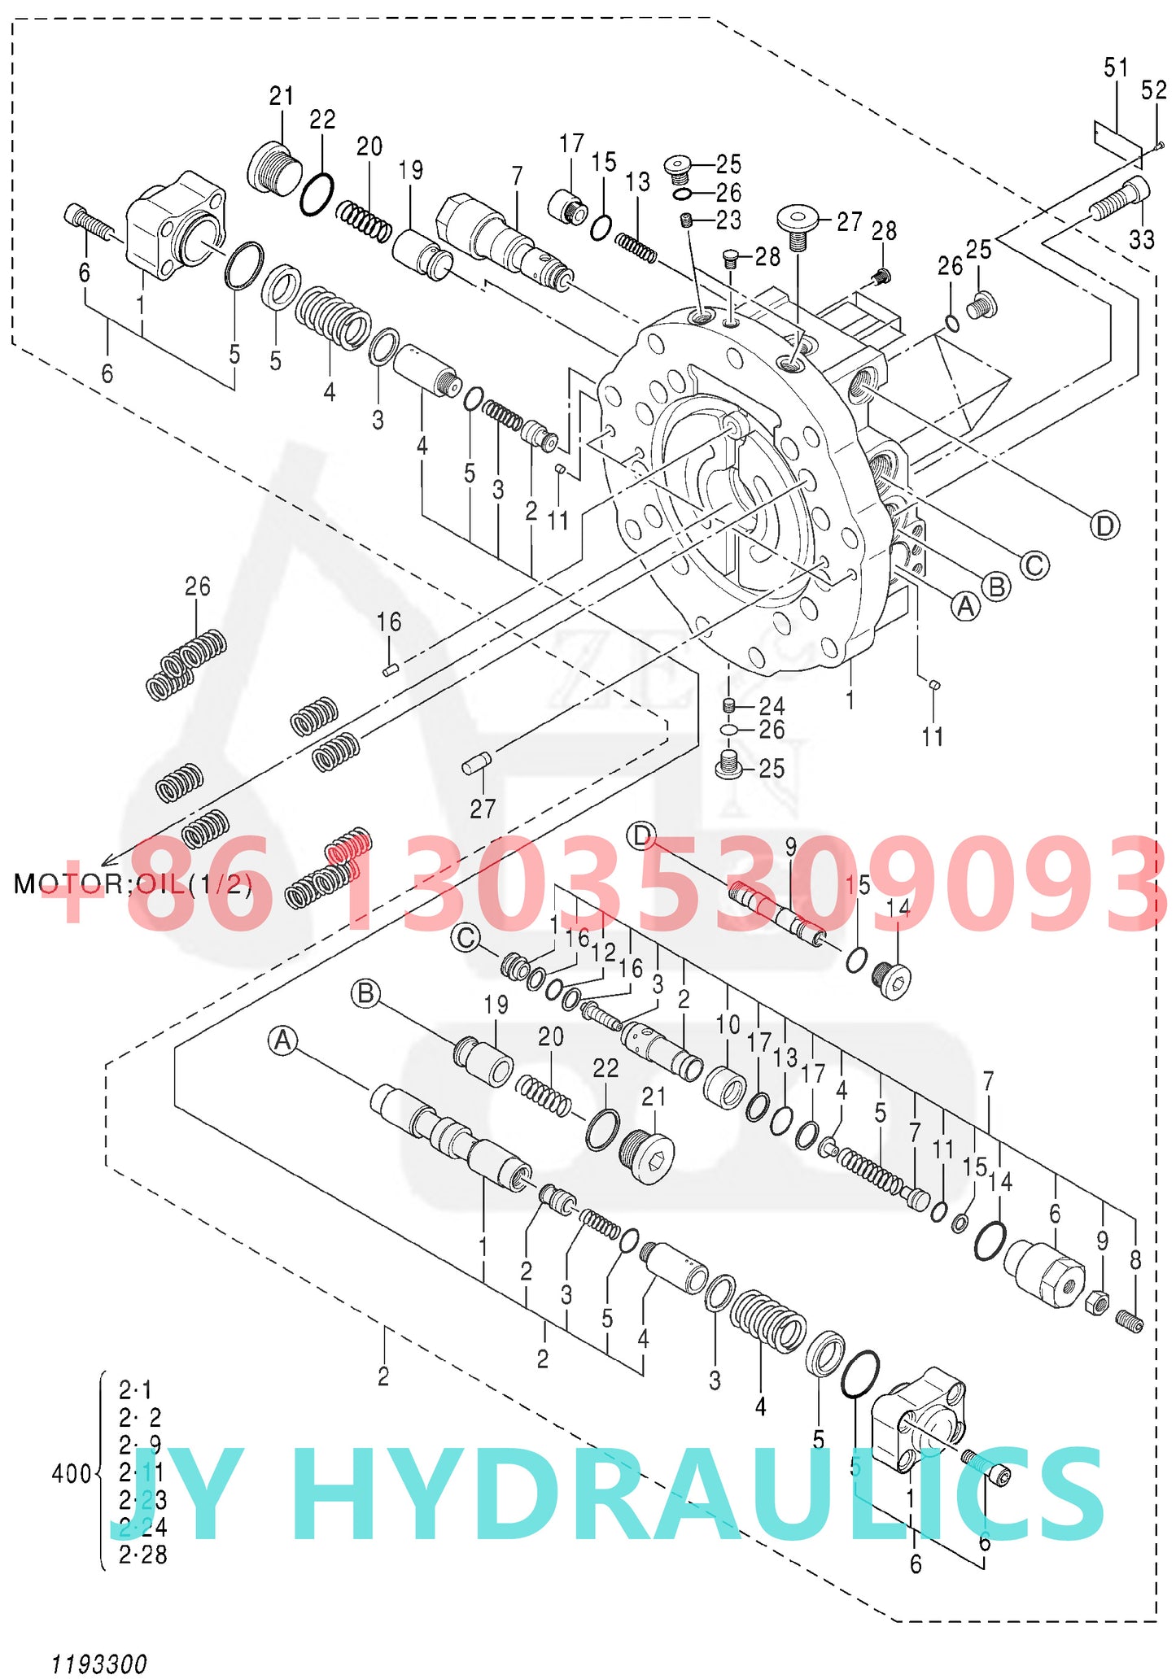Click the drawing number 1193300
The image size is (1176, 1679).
pyautogui.click(x=99, y=1663)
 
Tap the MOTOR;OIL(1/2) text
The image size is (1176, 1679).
pyautogui.click(x=133, y=883)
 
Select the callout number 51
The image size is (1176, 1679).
pyautogui.click(x=1116, y=68)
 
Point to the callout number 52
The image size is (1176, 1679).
pyautogui.click(x=1154, y=89)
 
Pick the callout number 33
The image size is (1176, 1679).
pyautogui.click(x=1142, y=239)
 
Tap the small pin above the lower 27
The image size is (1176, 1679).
pyautogui.click(x=476, y=763)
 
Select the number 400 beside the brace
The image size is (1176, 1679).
pyautogui.click(x=71, y=1473)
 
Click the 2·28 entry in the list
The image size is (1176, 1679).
pyautogui.click(x=142, y=1555)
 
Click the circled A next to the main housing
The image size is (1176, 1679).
pyautogui.click(x=966, y=607)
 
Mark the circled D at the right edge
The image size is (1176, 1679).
pyautogui.click(x=1104, y=526)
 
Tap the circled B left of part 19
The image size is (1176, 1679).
pyautogui.click(x=365, y=993)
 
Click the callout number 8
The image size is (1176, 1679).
pyautogui.click(x=1135, y=1260)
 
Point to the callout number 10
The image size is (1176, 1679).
pyautogui.click(x=728, y=1025)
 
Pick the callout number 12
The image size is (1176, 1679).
pyautogui.click(x=603, y=952)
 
